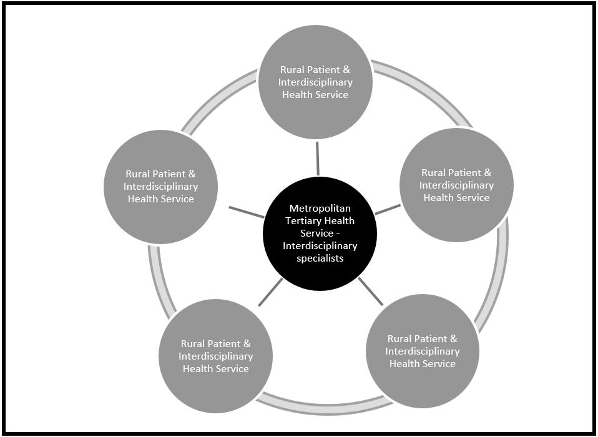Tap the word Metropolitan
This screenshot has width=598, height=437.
tap(320, 209)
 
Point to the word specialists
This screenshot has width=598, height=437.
tap(320, 258)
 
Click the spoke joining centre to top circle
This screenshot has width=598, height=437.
tap(318, 159)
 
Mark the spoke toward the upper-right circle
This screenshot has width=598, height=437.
tap(388, 209)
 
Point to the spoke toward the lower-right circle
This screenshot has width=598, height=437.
tap(371, 291)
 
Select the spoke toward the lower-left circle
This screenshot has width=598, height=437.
tap(270, 292)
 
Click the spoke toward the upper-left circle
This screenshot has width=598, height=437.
tap(247, 212)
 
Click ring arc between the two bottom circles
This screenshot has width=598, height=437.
tap(318, 406)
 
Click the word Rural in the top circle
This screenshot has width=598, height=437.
tap(292, 70)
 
